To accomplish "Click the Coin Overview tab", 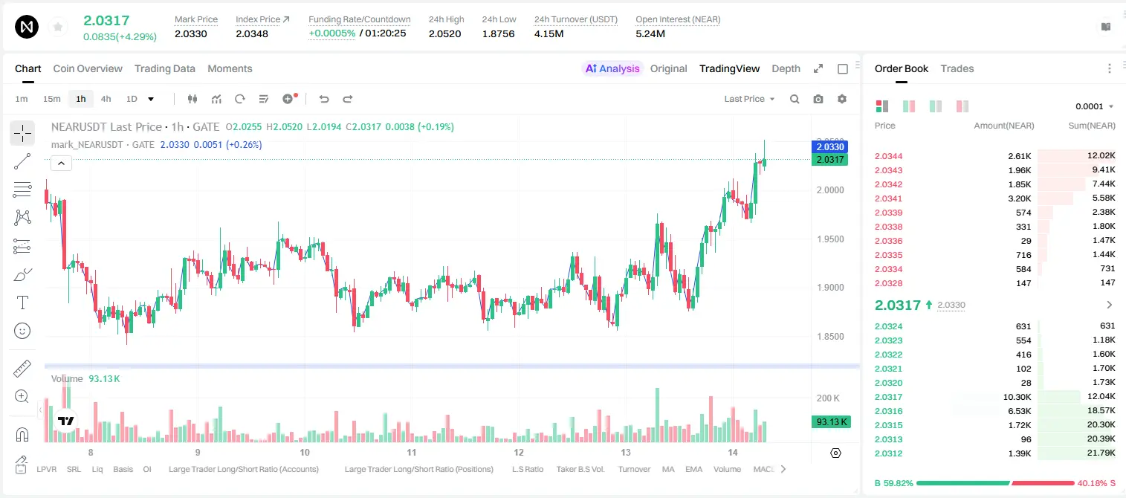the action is pos(88,68).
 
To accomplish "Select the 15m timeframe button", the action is pos(52,99).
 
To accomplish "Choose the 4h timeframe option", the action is pos(106,99).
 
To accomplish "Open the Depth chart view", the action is pos(786,68).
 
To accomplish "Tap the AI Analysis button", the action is pos(612,68).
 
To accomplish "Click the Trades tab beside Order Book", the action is pos(957,68).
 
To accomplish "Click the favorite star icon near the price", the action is pos(58,27).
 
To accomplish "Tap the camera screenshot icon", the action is pos(818,99).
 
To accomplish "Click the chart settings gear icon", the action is pos(842,99).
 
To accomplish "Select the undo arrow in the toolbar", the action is pos(324,99).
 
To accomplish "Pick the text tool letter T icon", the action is pos(22,303).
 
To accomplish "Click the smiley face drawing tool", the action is pos(22,331).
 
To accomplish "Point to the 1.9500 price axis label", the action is pos(830,239).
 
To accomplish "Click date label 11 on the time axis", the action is pos(412,452).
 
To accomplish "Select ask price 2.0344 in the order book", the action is pos(888,156).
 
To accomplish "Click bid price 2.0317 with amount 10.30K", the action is pos(888,397).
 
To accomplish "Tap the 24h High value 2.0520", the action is pos(445,33).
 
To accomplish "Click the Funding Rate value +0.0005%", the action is pos(331,33).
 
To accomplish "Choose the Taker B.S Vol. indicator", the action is pos(580,469).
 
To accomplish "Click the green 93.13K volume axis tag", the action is pos(830,421).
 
